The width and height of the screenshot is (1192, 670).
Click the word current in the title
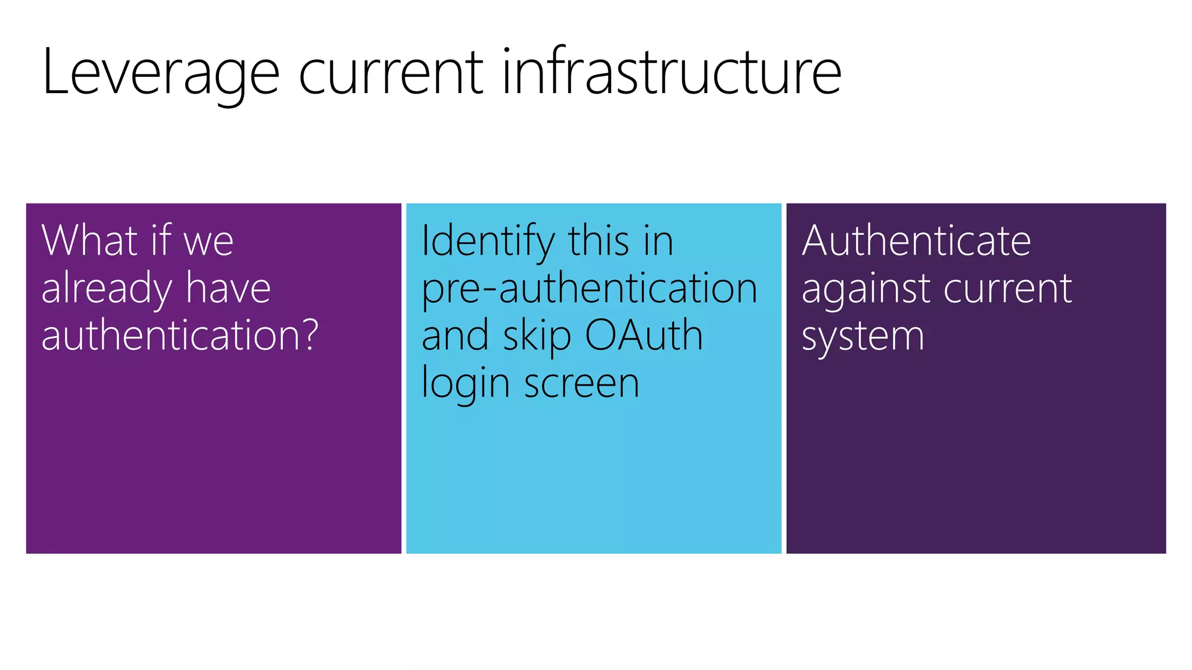[x=391, y=73]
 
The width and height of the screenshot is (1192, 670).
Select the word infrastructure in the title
[x=671, y=73]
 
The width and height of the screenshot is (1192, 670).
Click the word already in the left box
[x=107, y=289]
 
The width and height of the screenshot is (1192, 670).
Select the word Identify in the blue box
[x=488, y=241]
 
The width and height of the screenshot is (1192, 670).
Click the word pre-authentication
[x=589, y=289]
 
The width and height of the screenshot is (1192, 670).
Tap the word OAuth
[x=644, y=336]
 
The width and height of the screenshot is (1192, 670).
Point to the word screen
[x=581, y=384]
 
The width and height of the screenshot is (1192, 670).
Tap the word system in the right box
[x=863, y=338]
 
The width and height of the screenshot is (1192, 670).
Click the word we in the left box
[x=208, y=241]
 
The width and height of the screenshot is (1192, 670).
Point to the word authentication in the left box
[x=172, y=335]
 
